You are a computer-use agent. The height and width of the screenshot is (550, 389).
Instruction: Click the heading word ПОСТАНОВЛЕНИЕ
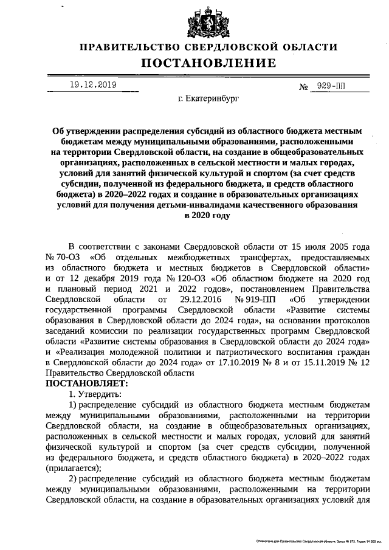208,63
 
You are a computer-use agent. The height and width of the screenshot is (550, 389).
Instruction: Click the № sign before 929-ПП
305,87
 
